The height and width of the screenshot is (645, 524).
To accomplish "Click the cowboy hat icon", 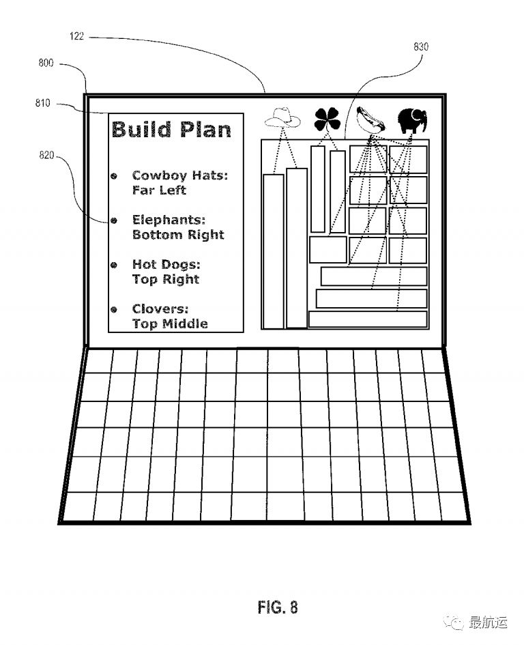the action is click(282, 118).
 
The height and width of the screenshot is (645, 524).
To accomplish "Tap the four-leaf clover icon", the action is click(327, 120).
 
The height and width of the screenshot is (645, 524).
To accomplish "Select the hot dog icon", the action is click(370, 119).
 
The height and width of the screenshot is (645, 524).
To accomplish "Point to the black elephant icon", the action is click(413, 121).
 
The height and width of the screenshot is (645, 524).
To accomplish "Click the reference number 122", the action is click(77, 37).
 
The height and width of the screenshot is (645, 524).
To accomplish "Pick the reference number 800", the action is click(46, 64).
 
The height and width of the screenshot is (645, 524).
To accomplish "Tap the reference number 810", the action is click(42, 104).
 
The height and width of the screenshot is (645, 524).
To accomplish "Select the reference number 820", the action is click(46, 156).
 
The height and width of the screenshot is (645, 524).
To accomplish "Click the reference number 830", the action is click(421, 47).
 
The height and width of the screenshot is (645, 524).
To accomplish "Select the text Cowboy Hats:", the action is click(179, 176).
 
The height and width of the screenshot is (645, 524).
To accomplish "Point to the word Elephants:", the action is click(169, 220).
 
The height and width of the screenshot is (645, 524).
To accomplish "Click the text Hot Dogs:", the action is click(166, 264).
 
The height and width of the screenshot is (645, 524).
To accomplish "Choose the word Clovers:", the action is click(160, 309).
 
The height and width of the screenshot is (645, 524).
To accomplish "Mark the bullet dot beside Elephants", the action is click(114, 220).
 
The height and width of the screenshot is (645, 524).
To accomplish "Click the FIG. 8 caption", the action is click(278, 607).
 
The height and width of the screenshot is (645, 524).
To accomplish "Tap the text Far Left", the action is click(158, 190).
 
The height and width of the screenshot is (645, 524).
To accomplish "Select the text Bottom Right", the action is click(177, 235).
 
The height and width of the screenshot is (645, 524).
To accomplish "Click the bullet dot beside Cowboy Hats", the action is click(114, 176).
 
